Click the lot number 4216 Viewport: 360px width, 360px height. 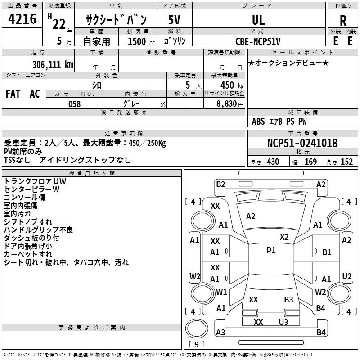[22, 19]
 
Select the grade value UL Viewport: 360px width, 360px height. [258, 20]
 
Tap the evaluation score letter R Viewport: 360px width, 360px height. [343, 20]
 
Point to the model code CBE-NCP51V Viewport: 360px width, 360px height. [258, 41]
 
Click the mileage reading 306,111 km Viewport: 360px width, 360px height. [53, 64]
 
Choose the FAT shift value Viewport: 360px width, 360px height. [13, 94]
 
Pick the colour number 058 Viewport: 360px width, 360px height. [74, 103]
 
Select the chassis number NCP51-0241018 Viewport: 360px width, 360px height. [302, 143]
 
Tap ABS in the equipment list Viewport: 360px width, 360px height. [258, 121]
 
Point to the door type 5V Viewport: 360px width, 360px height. [174, 20]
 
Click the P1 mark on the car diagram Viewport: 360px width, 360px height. [271, 251]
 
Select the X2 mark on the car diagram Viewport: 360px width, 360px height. [284, 237]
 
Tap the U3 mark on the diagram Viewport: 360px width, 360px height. [283, 322]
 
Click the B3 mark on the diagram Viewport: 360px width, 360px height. [288, 299]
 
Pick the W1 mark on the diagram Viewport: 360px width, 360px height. [221, 292]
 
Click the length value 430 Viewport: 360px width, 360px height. [273, 162]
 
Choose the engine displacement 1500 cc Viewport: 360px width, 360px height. [138, 41]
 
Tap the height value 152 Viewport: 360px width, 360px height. [346, 162]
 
